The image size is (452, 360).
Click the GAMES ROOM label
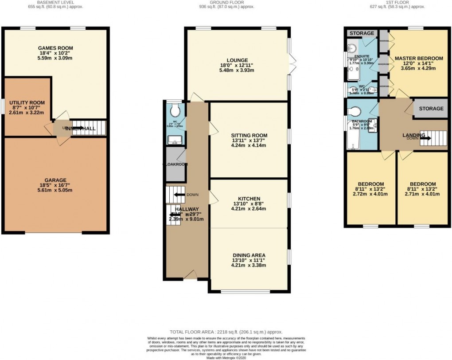(x=55, y=48)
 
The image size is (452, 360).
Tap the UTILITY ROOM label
(x=26, y=101)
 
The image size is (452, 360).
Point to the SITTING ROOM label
(x=249, y=136)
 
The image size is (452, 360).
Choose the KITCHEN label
(x=249, y=199)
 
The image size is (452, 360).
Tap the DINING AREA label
(x=249, y=255)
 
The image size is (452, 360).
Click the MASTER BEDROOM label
(x=419, y=59)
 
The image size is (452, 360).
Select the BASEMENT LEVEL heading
(x=55, y=2)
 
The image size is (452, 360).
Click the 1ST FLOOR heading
(x=397, y=2)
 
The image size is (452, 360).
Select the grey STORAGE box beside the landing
(x=428, y=109)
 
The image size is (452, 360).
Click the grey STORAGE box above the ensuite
(x=361, y=33)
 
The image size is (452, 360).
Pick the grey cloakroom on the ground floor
(x=175, y=164)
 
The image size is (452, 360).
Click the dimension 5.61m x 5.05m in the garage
(x=55, y=190)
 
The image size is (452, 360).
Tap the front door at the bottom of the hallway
(x=190, y=277)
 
